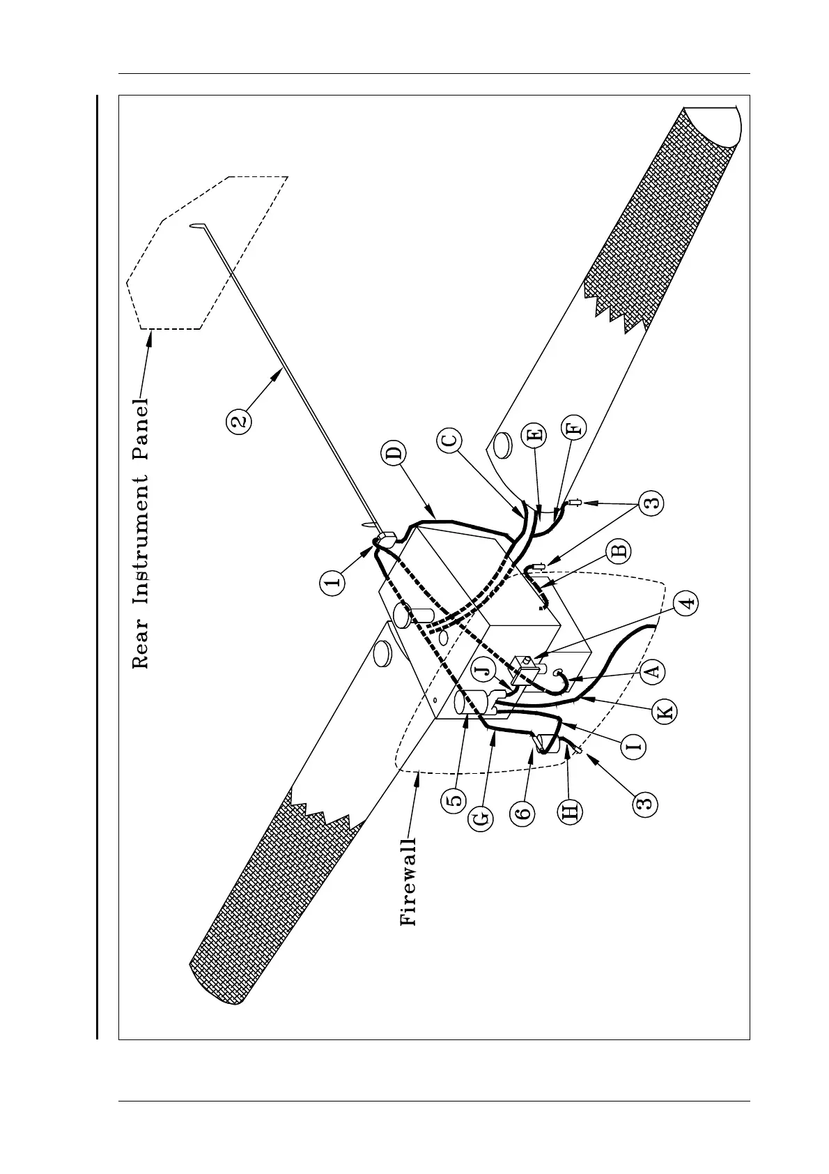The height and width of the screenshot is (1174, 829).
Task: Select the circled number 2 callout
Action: pos(239,420)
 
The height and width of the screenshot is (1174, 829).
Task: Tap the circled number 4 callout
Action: pos(686,603)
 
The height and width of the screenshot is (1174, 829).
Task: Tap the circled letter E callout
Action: pos(534,437)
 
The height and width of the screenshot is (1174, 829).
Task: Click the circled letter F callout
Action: pos(575,427)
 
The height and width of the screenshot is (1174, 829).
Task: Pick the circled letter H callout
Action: pos(570,811)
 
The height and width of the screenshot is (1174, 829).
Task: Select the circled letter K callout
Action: pos(665,712)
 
